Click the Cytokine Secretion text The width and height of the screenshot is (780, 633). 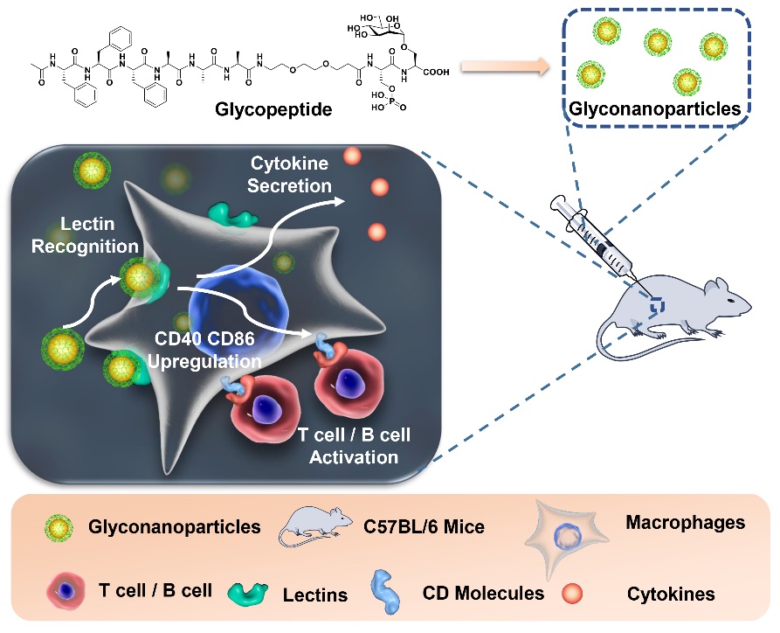coord(291,174)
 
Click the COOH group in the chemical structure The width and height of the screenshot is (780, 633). coord(433,73)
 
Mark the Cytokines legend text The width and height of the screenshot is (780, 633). coord(670,595)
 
